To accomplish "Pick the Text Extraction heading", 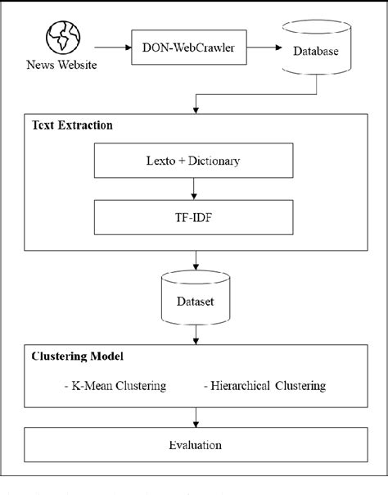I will coord(72,127).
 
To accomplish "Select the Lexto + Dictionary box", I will coord(194,161).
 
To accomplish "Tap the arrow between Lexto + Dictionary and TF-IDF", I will coord(194,188).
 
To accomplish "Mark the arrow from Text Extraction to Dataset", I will coord(195,261).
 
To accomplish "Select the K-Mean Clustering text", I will coord(115,385).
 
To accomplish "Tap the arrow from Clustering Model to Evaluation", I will coord(195,417).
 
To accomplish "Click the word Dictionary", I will coord(214,161).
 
